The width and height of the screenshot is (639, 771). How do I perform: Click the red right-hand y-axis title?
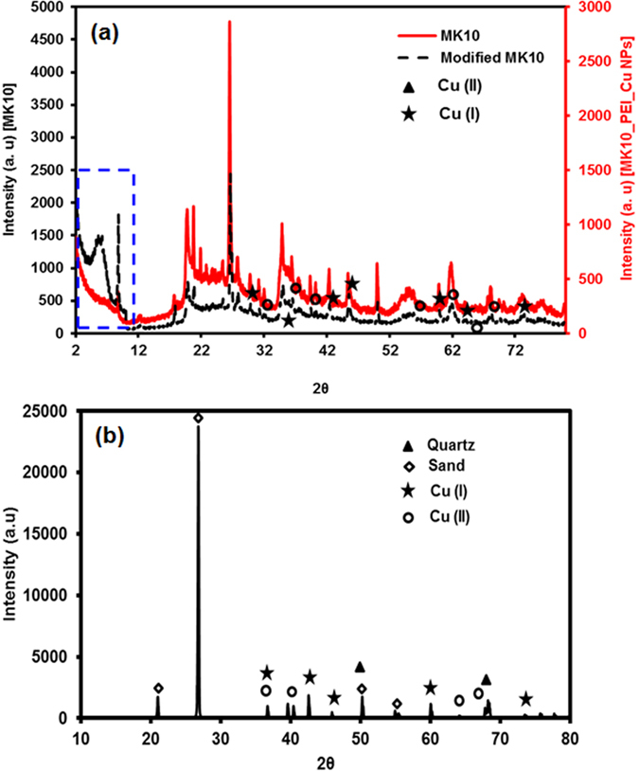click(628, 170)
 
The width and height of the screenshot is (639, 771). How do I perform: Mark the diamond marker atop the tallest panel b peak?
click(198, 418)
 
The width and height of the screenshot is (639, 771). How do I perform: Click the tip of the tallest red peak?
click(230, 22)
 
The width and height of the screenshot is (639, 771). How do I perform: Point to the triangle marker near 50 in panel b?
click(360, 667)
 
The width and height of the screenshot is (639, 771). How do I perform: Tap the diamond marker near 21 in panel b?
click(159, 689)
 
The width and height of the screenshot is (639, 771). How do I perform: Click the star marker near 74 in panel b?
click(526, 699)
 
